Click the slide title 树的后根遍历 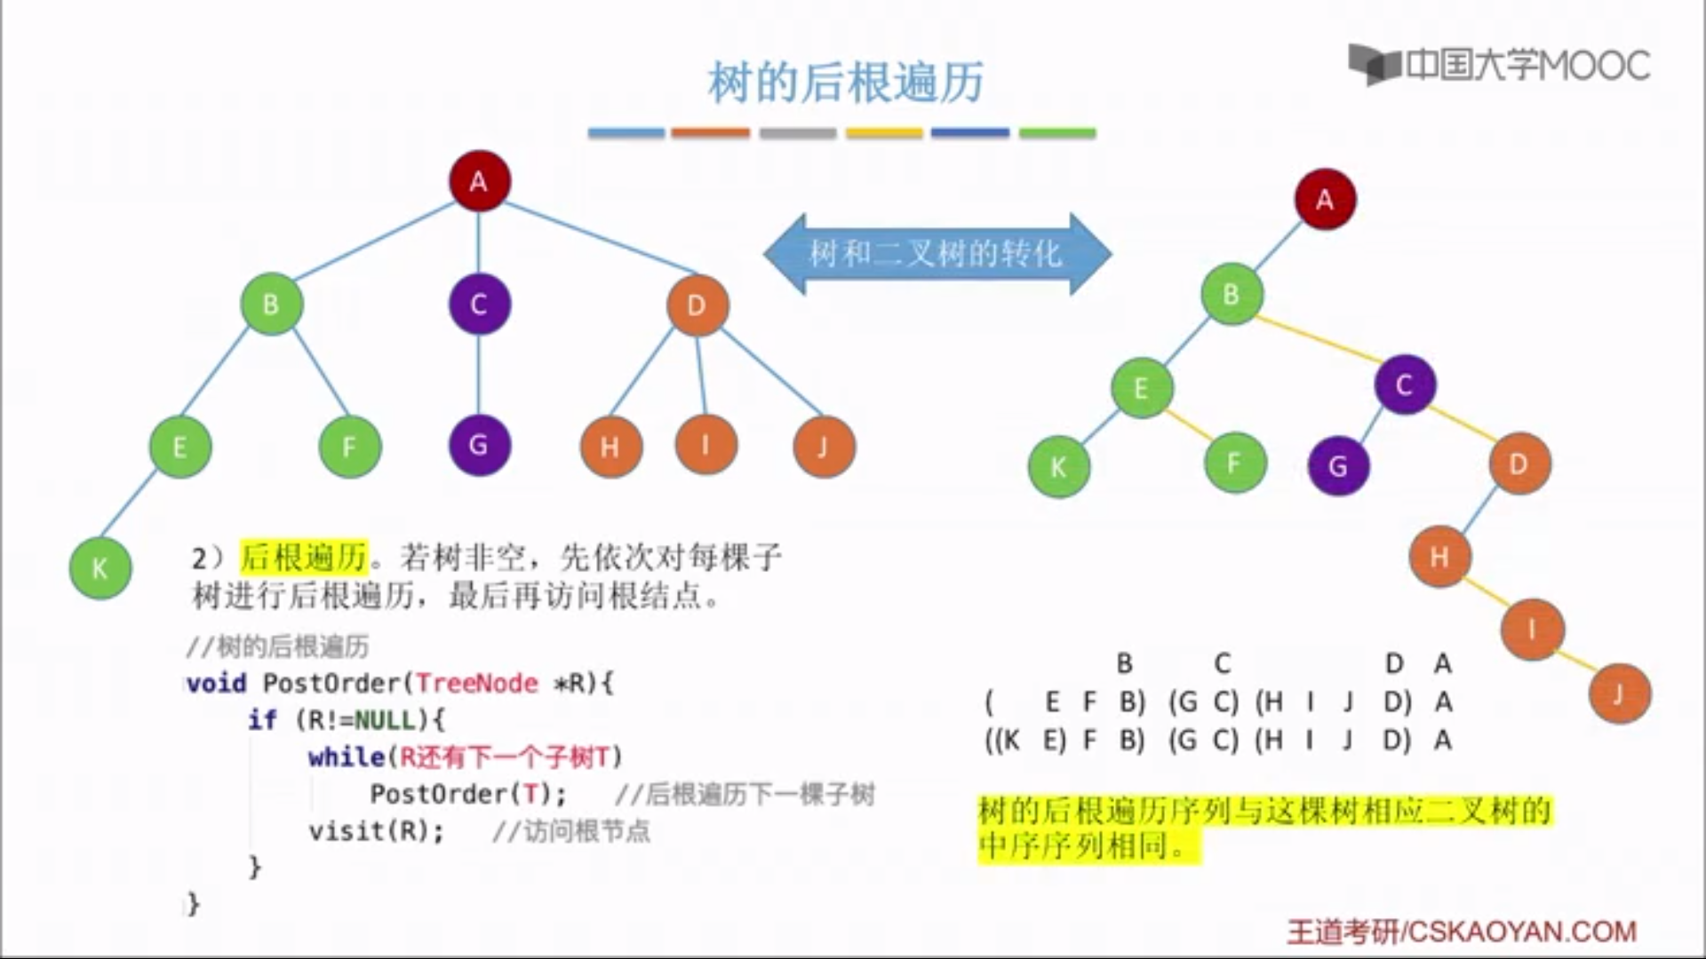[845, 82]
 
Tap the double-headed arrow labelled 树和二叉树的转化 [937, 254]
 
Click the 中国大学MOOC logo [1499, 65]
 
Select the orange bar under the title [710, 133]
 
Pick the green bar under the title [1057, 133]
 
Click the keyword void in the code [217, 683]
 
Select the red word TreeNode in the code [477, 683]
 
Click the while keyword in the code [347, 757]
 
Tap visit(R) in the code [374, 831]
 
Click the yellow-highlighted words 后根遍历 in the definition [304, 558]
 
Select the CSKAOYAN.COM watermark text [1521, 931]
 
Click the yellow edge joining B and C [1319, 339]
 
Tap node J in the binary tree [1619, 693]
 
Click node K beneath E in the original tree [100, 568]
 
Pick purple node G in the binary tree [1338, 465]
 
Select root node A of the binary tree [1325, 199]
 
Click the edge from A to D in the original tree [601, 237]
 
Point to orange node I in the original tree [706, 444]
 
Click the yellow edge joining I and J [1576, 662]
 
